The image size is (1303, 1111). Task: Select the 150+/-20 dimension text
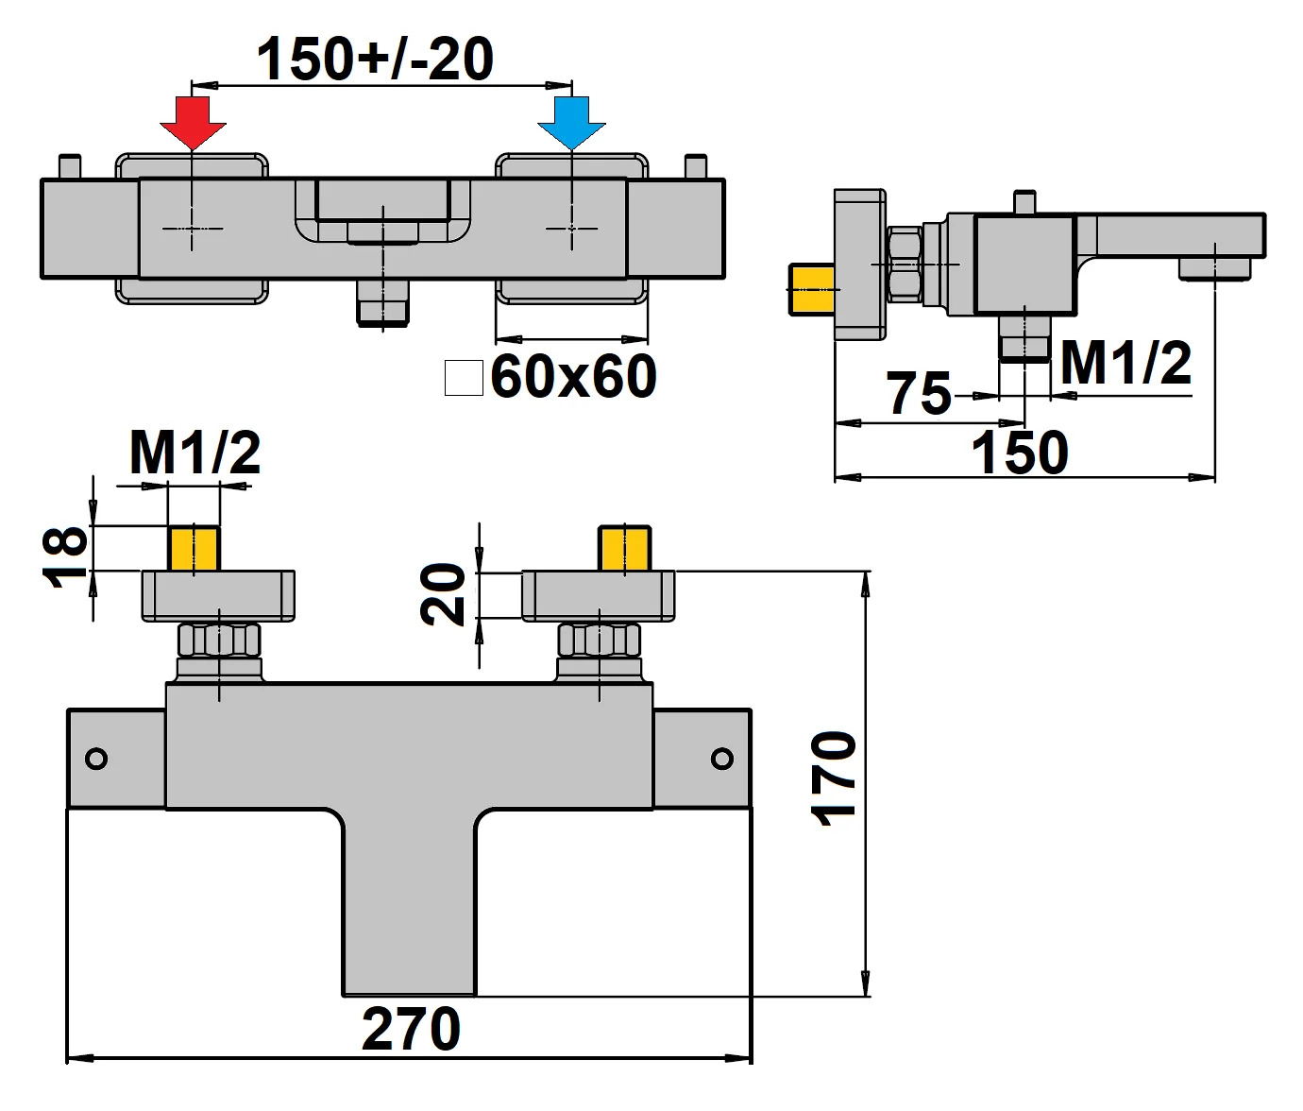point(375,59)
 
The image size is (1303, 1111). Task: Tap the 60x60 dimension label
point(573,376)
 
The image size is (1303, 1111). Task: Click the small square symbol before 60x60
point(464,377)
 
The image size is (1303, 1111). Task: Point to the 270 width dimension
point(411,1029)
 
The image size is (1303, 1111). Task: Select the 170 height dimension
point(835,778)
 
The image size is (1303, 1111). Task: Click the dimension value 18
point(66,557)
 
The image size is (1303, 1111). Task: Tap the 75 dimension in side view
point(919,393)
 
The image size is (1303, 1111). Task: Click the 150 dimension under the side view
point(1020,453)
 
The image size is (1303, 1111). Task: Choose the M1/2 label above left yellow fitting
point(195,453)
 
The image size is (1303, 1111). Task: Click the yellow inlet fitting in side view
point(812,290)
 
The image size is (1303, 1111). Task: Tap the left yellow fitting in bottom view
point(195,549)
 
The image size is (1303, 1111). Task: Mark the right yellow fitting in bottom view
point(625,549)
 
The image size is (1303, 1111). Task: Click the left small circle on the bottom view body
point(96,759)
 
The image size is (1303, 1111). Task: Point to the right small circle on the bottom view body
point(722,759)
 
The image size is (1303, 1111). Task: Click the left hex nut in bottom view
point(219,640)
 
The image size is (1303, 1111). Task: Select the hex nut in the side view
point(905,264)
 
